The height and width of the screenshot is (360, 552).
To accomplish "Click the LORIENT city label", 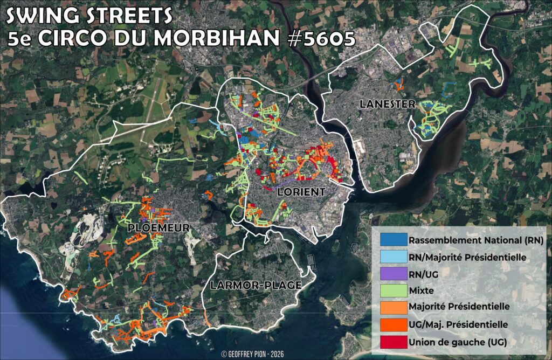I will pyautogui.click(x=301, y=192).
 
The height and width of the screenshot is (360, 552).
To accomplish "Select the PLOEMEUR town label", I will pyautogui.click(x=158, y=228).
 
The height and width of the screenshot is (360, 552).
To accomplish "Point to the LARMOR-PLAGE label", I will pyautogui.click(x=256, y=285).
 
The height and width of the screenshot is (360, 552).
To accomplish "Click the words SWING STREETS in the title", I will pyautogui.click(x=89, y=16).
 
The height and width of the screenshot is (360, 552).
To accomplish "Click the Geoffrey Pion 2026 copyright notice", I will pyautogui.click(x=252, y=354).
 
